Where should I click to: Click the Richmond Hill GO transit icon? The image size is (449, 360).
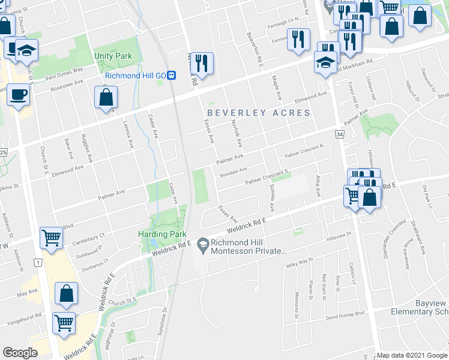point(172,76)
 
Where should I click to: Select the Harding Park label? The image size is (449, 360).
point(163,234)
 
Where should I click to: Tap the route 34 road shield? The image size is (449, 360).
point(340,135)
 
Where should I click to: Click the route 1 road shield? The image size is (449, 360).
point(37,263)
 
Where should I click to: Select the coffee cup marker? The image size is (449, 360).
point(18,95)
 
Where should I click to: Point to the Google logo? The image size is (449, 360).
point(20,353)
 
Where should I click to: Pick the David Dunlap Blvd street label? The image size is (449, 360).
point(345,313)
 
